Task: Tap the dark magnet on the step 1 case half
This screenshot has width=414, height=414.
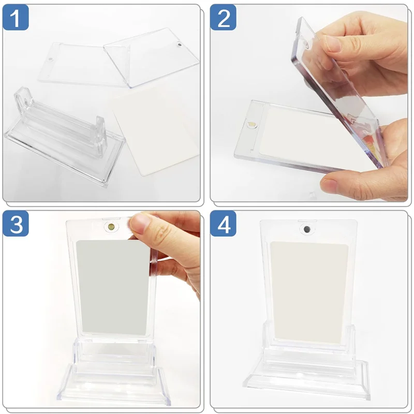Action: (179, 46)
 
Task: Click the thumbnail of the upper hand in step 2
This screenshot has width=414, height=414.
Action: (332, 43)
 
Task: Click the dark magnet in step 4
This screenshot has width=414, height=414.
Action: (306, 228)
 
